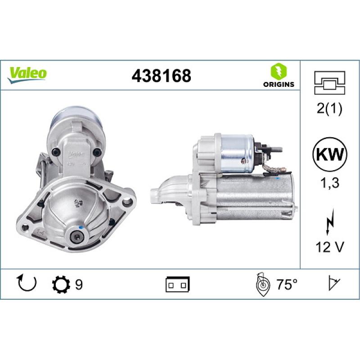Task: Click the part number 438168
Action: [161, 76]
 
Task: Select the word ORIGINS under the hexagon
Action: [278, 84]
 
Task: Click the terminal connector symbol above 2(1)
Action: [329, 84]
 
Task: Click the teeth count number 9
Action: [79, 284]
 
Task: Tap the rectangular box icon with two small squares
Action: [178, 284]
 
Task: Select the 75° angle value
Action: [287, 284]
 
